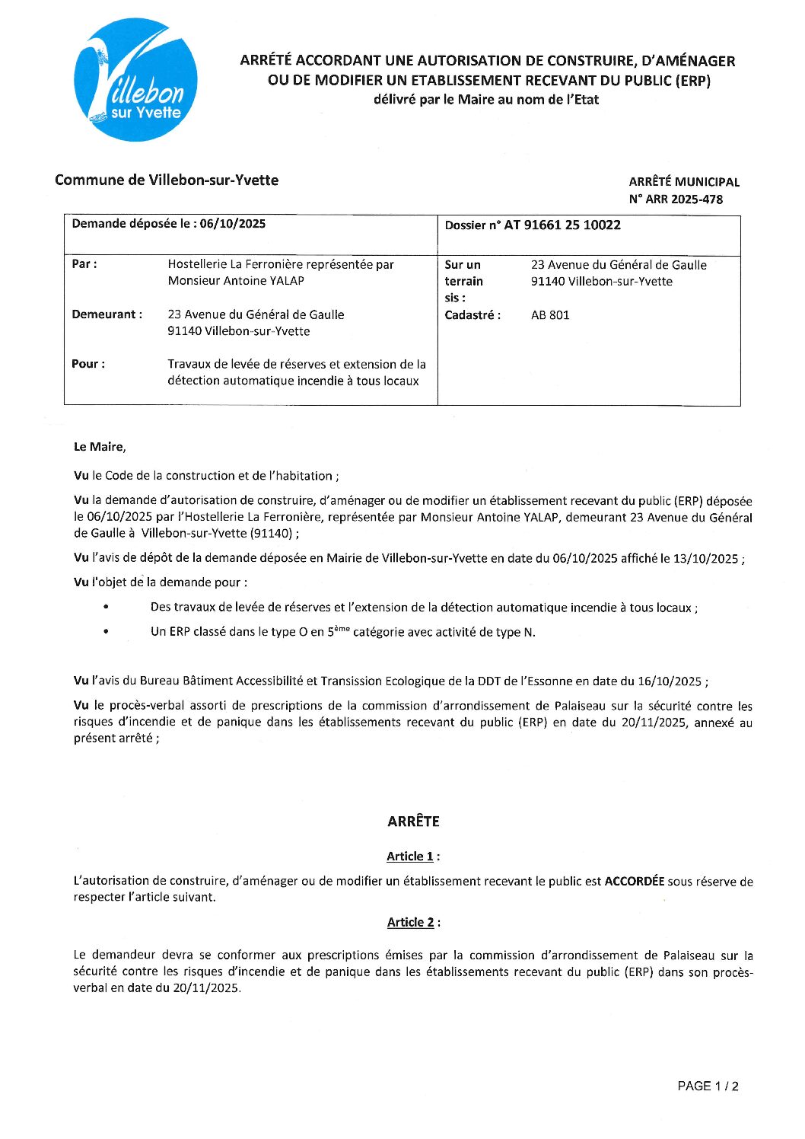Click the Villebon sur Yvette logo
coord(135,80)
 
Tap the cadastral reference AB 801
coord(549,315)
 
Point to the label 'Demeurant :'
coord(107,314)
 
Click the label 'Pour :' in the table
coord(88,364)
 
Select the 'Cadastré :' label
coord(472,315)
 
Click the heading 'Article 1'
coord(410,857)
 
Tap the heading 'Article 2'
coord(411,923)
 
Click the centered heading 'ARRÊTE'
coord(413,822)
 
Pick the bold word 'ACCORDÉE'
coord(634,882)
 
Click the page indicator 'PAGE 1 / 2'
coord(708,1086)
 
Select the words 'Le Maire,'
coord(100,447)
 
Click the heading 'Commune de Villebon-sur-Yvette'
coord(167,180)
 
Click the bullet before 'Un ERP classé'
coord(106,632)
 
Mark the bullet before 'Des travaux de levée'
coord(106,608)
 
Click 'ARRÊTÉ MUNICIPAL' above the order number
coord(683,182)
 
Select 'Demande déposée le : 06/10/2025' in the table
coord(168,224)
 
